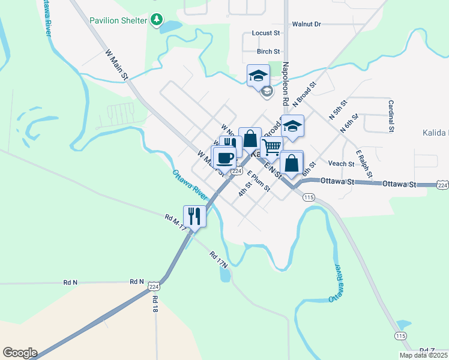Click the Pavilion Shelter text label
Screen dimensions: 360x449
(x=118, y=20)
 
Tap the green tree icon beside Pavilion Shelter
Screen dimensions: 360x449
(x=157, y=20)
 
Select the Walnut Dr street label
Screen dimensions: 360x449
(x=306, y=24)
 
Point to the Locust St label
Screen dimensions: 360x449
(x=267, y=34)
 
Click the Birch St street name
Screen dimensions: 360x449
(x=268, y=52)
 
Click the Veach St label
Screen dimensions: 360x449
(x=341, y=163)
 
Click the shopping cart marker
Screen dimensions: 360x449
(x=272, y=147)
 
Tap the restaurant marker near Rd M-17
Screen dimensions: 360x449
(x=194, y=216)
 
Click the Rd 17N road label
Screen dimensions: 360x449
(x=218, y=259)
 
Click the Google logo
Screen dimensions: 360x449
(x=20, y=353)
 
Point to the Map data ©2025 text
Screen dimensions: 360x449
(x=423, y=355)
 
